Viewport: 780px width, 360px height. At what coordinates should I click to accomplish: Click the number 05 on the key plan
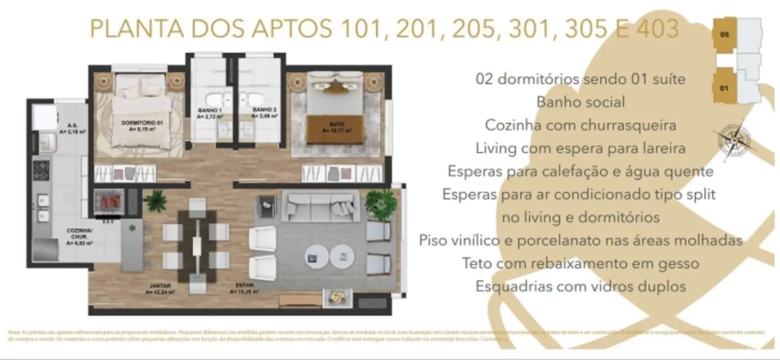click(725, 34)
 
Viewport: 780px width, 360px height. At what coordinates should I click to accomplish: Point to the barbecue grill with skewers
click(109, 201)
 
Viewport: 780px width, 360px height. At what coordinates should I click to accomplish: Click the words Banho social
click(580, 102)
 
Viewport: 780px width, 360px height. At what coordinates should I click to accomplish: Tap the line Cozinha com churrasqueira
click(580, 125)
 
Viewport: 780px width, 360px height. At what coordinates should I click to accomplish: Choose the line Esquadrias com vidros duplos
click(580, 286)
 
